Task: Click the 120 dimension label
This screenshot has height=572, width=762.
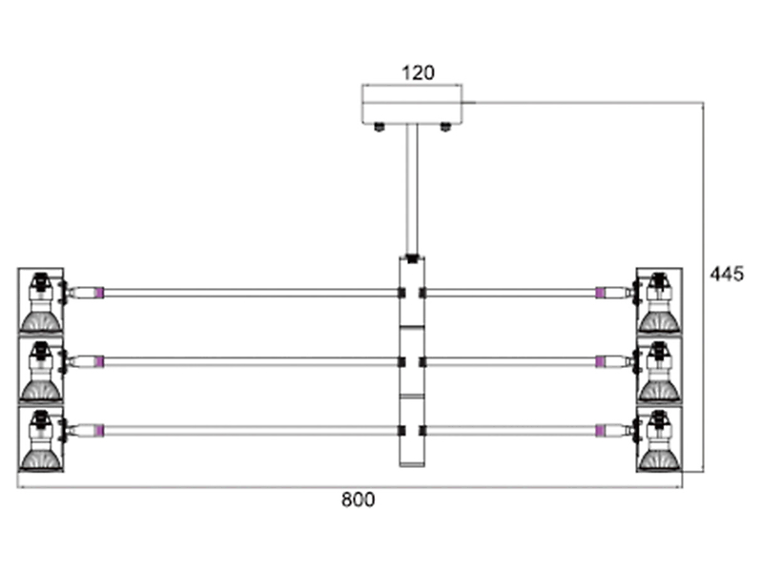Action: (x=418, y=72)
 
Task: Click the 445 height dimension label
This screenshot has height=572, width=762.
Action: (x=727, y=275)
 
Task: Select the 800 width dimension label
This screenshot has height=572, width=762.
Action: (x=359, y=500)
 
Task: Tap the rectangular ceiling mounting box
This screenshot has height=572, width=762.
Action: (x=412, y=104)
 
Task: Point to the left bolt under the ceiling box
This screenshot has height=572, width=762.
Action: (x=379, y=128)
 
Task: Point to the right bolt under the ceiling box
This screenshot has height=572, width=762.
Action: (x=445, y=128)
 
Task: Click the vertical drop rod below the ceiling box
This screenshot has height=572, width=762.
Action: (x=413, y=190)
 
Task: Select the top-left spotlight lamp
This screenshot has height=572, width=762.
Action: (x=41, y=301)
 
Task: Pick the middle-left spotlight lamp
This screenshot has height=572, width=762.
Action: (x=41, y=370)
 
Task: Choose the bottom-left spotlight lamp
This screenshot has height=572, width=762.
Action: (x=41, y=439)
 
